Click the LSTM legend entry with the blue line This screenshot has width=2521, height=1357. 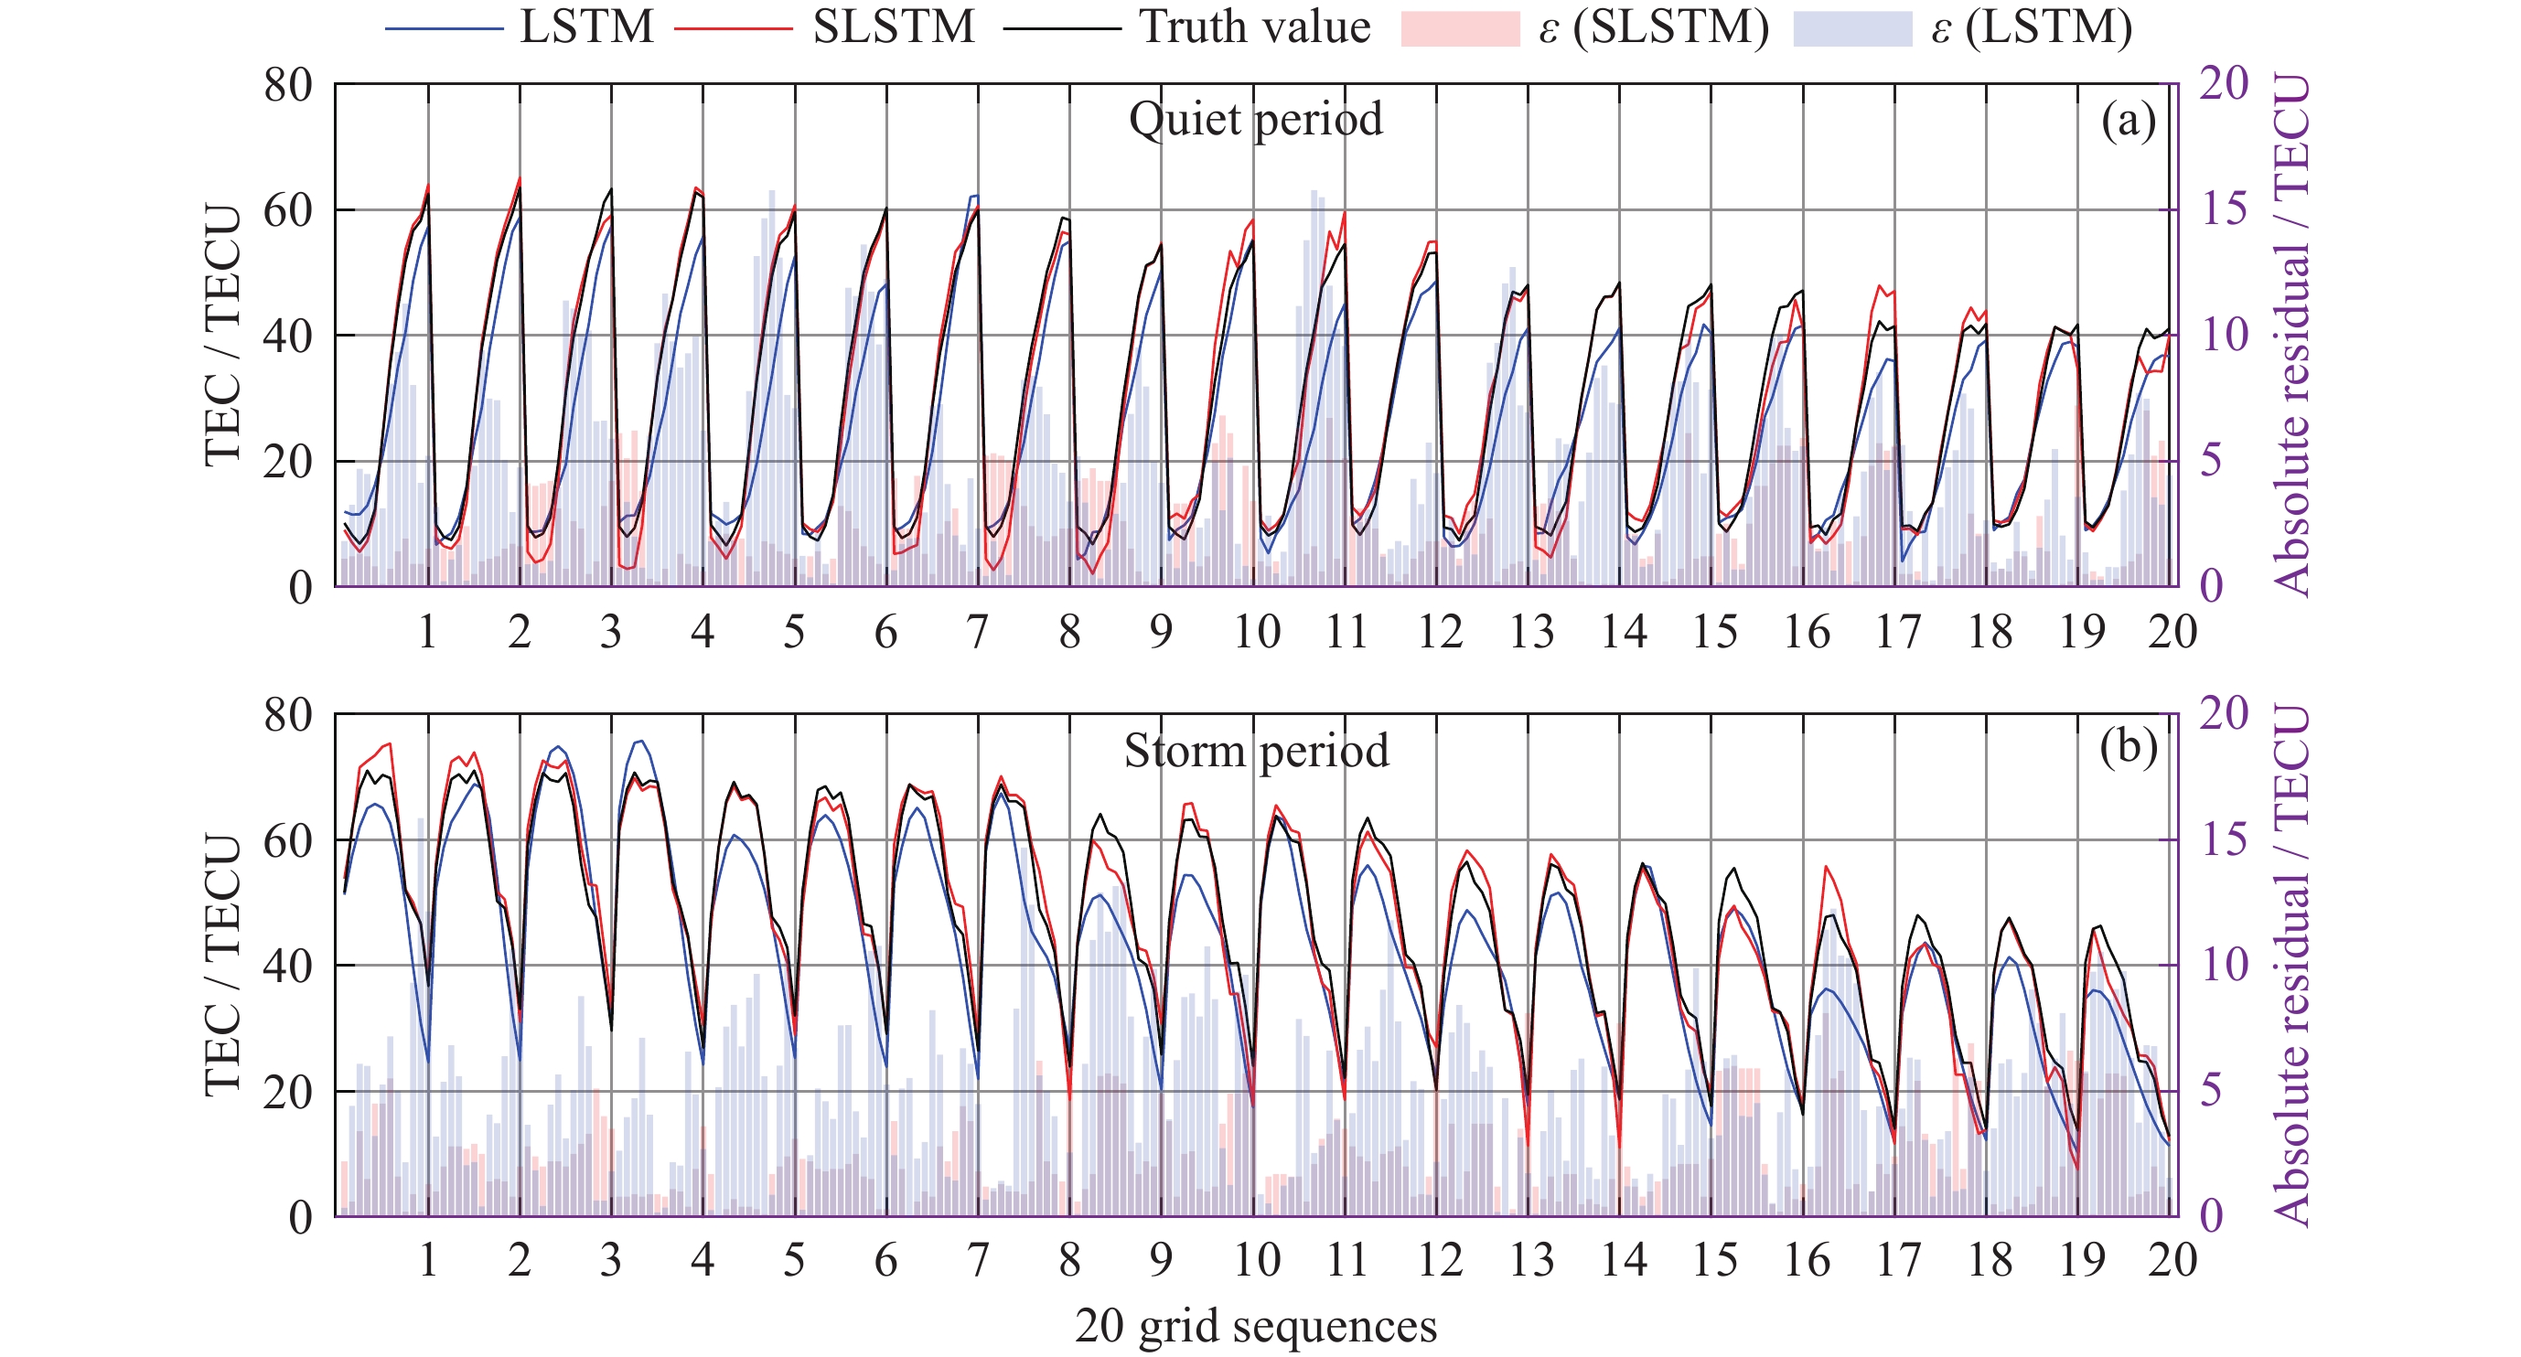(x=519, y=27)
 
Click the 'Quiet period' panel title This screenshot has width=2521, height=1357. (x=1256, y=120)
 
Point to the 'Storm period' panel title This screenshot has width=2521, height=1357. (x=1256, y=752)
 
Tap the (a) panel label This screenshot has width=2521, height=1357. (x=2128, y=122)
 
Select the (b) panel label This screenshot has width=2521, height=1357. (x=2128, y=749)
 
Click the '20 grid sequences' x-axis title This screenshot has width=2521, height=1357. (x=1256, y=1327)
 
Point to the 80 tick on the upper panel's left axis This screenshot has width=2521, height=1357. (x=288, y=86)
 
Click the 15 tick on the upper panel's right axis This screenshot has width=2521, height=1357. (x=2225, y=210)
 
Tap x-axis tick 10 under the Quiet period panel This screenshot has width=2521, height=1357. (x=1256, y=632)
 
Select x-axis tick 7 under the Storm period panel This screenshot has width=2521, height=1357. (x=978, y=1260)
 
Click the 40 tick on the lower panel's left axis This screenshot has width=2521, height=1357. (x=288, y=966)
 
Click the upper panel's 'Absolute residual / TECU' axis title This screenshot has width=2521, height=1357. (x=2292, y=335)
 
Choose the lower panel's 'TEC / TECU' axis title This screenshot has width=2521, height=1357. (x=223, y=965)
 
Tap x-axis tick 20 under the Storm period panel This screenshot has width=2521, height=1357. (x=2172, y=1260)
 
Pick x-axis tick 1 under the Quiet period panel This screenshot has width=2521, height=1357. (x=428, y=632)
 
